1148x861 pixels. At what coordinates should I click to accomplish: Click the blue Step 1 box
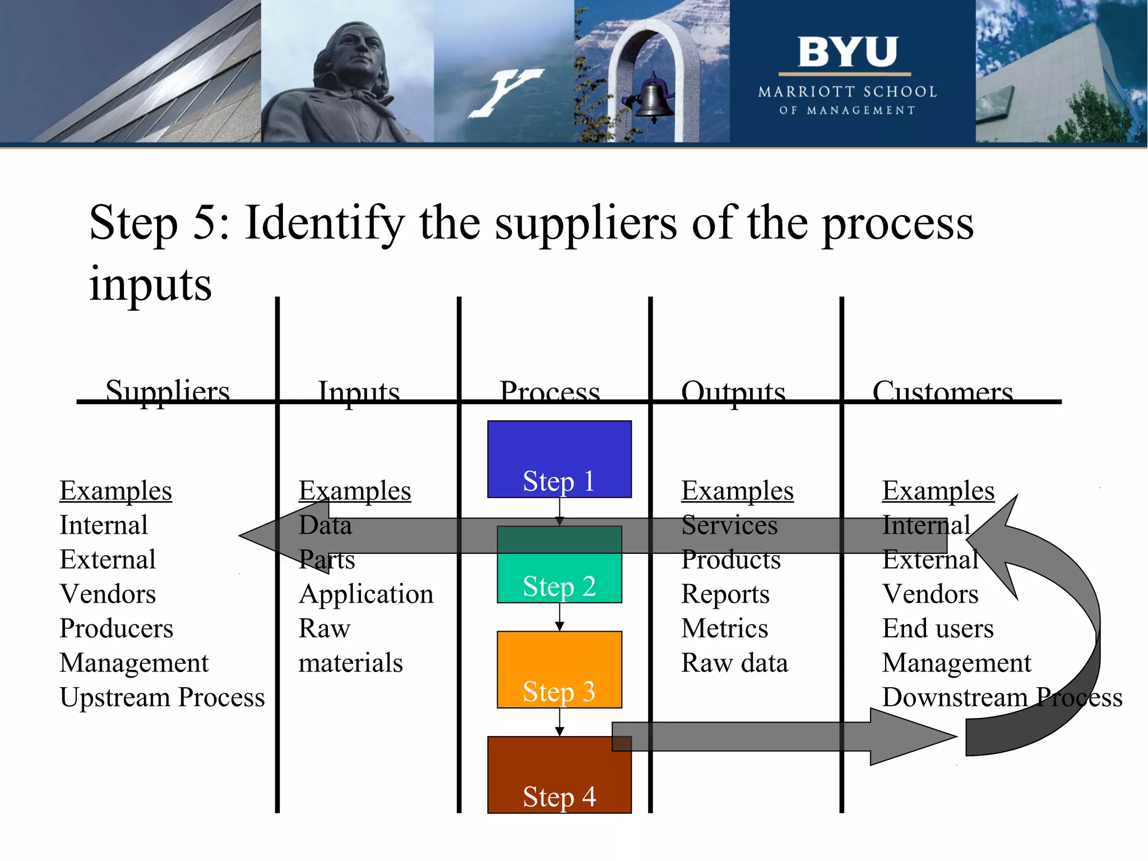(559, 459)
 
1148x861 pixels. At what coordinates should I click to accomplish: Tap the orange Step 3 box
(559, 669)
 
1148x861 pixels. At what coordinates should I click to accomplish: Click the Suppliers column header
(168, 390)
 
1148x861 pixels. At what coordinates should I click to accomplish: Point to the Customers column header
(942, 391)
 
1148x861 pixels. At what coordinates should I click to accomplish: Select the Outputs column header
(733, 391)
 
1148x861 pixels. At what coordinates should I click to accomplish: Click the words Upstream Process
(162, 697)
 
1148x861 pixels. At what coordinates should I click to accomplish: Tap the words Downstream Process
(1002, 697)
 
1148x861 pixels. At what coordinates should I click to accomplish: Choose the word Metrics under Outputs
(724, 628)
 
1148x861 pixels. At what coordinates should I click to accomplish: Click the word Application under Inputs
(366, 594)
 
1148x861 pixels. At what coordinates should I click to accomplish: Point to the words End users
(937, 628)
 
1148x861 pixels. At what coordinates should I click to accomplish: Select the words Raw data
(734, 663)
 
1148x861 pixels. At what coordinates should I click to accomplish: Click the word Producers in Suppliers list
(116, 628)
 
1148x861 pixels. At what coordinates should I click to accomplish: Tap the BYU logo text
(847, 52)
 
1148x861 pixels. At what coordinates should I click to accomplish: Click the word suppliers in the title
(586, 223)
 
